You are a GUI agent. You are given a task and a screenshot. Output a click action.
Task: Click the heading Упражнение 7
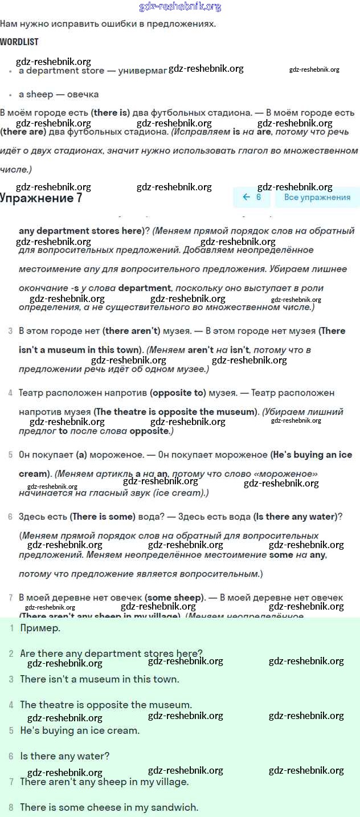click(x=41, y=198)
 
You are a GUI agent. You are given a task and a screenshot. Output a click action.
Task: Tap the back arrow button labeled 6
click(x=252, y=197)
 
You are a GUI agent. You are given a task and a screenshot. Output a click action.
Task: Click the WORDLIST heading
click(x=19, y=42)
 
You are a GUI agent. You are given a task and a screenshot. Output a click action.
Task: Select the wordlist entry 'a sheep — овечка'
click(x=59, y=94)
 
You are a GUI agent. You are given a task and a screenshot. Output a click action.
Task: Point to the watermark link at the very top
click(x=180, y=7)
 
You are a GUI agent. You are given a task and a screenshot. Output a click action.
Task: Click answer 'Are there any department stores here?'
click(x=111, y=653)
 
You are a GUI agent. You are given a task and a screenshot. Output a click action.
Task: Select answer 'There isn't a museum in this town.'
click(x=100, y=679)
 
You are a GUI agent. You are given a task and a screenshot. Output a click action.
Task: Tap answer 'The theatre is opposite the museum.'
click(x=106, y=705)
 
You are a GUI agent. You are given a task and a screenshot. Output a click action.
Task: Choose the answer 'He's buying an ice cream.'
click(x=80, y=730)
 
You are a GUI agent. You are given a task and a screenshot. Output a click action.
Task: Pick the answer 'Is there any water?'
click(x=64, y=756)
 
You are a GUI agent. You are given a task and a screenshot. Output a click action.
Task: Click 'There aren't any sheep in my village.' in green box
click(x=104, y=782)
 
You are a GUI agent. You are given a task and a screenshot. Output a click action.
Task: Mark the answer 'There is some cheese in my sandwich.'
click(x=109, y=807)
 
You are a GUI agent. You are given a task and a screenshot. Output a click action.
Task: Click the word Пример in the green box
click(x=40, y=628)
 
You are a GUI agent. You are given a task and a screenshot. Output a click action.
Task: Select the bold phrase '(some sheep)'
click(x=174, y=598)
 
